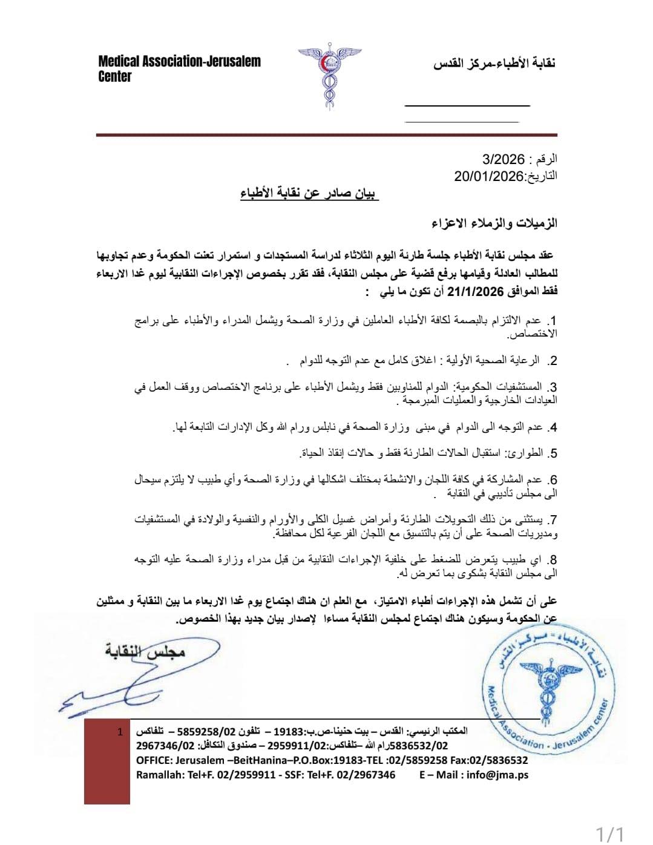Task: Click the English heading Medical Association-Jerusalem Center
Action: click(179, 68)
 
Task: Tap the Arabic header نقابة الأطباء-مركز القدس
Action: click(494, 64)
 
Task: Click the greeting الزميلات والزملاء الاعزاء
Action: click(495, 223)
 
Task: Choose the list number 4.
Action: click(551, 427)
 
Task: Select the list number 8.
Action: click(551, 560)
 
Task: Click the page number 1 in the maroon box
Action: click(120, 732)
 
